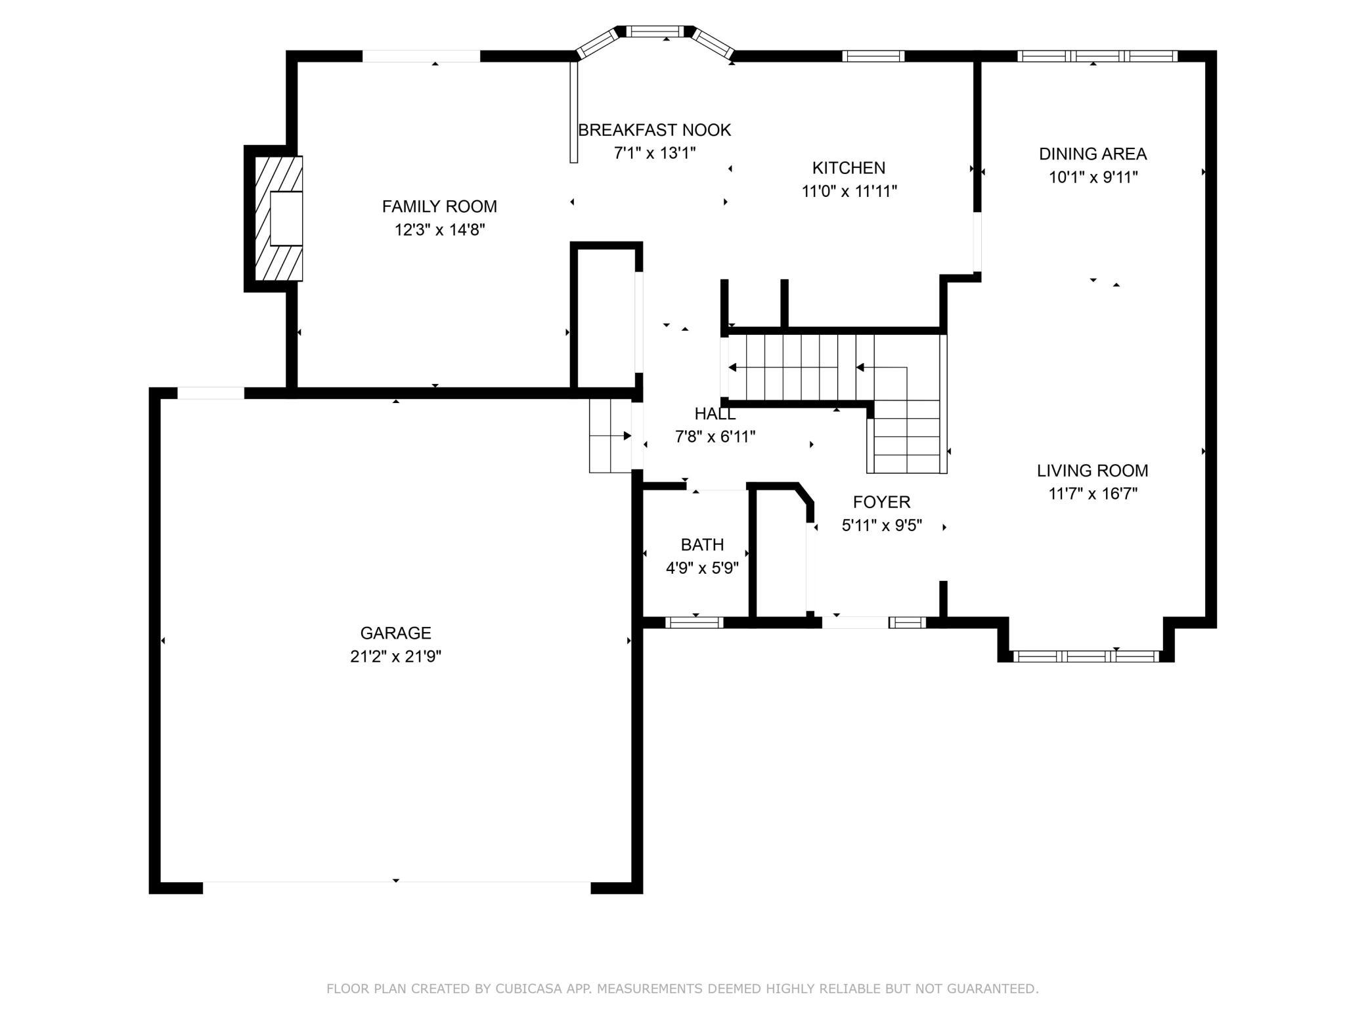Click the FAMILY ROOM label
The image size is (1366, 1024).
click(x=439, y=207)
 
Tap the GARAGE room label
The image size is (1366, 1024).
click(x=395, y=633)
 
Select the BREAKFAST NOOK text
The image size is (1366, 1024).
click(x=654, y=130)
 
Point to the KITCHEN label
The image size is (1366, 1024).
click(x=848, y=168)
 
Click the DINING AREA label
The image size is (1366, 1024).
click(x=1093, y=154)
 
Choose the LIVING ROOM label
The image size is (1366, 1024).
click(x=1093, y=471)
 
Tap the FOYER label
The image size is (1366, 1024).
click(x=881, y=502)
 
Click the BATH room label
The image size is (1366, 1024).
click(x=702, y=545)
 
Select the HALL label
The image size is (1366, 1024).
click(x=715, y=414)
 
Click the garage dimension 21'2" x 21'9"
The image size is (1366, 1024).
click(x=395, y=656)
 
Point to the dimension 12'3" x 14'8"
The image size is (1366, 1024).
click(x=439, y=230)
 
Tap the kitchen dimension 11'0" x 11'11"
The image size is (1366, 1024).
click(x=849, y=192)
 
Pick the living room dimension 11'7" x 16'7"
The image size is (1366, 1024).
click(x=1093, y=494)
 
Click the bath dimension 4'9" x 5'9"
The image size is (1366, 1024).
click(x=702, y=568)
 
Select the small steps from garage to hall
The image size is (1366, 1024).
click(x=610, y=436)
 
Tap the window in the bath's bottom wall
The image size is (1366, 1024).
click(x=694, y=622)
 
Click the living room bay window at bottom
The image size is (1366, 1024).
click(x=1086, y=656)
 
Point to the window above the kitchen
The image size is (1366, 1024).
click(x=873, y=56)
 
